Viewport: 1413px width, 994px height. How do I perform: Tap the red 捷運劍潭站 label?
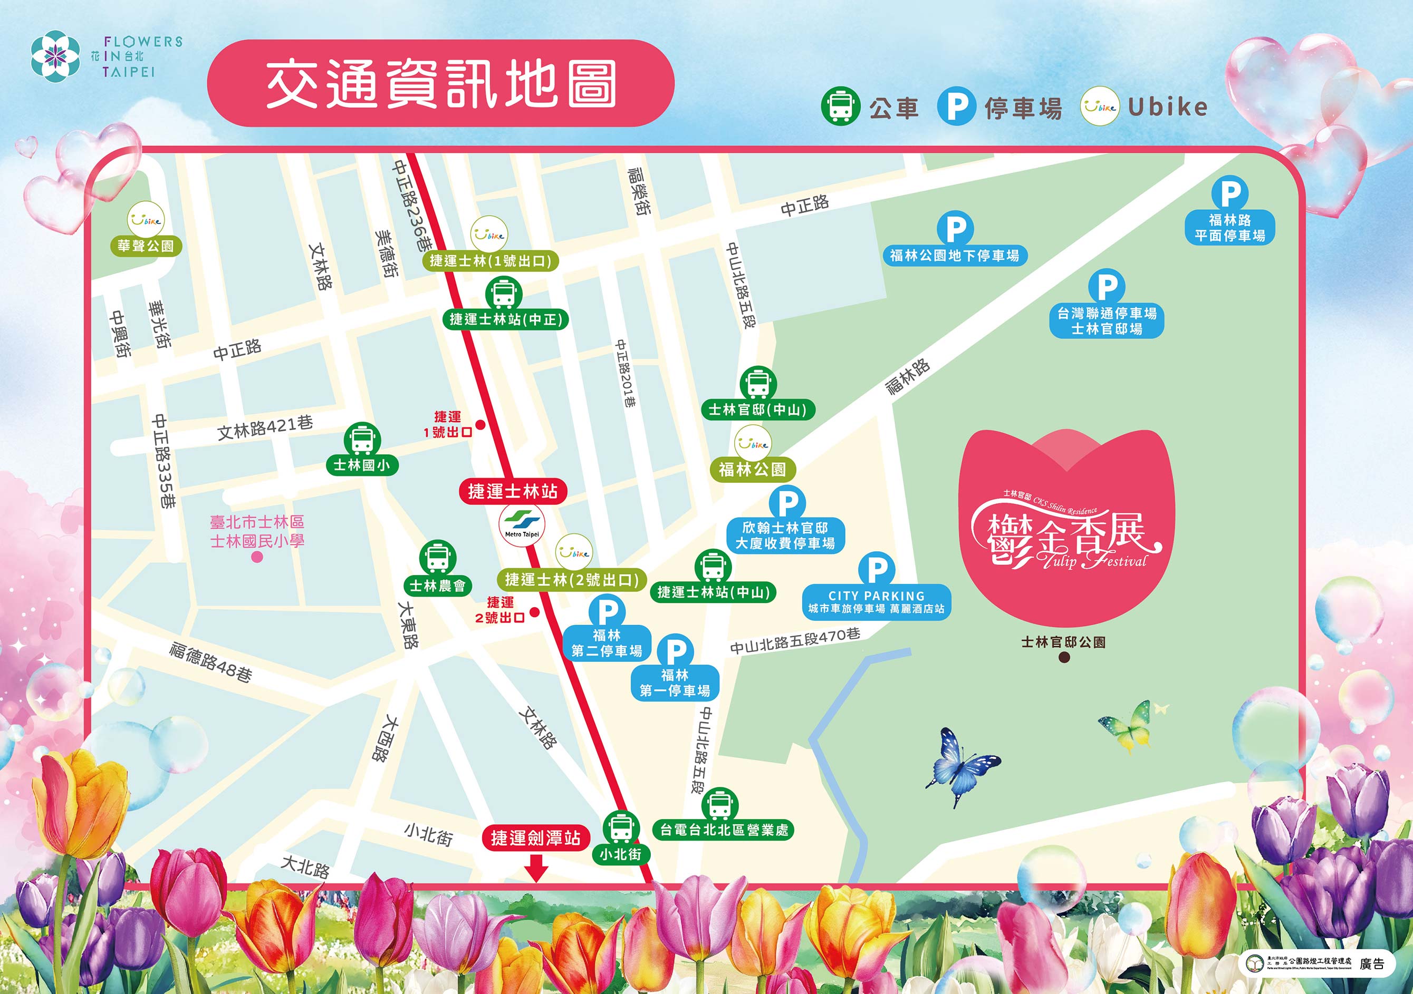pyautogui.click(x=535, y=838)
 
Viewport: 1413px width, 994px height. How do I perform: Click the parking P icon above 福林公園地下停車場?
pyautogui.click(x=955, y=229)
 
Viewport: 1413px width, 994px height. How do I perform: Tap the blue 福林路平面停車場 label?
pyautogui.click(x=1229, y=228)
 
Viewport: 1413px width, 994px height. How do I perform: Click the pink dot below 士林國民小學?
pyautogui.click(x=257, y=557)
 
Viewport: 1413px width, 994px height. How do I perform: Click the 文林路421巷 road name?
pyautogui.click(x=265, y=427)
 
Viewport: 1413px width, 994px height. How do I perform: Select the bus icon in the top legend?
pyautogui.click(x=840, y=106)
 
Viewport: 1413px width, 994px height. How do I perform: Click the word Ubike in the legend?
pyautogui.click(x=1167, y=107)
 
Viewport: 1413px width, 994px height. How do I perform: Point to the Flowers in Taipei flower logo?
pyautogui.click(x=55, y=56)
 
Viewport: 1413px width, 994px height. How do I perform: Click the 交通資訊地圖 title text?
pyautogui.click(x=440, y=84)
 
